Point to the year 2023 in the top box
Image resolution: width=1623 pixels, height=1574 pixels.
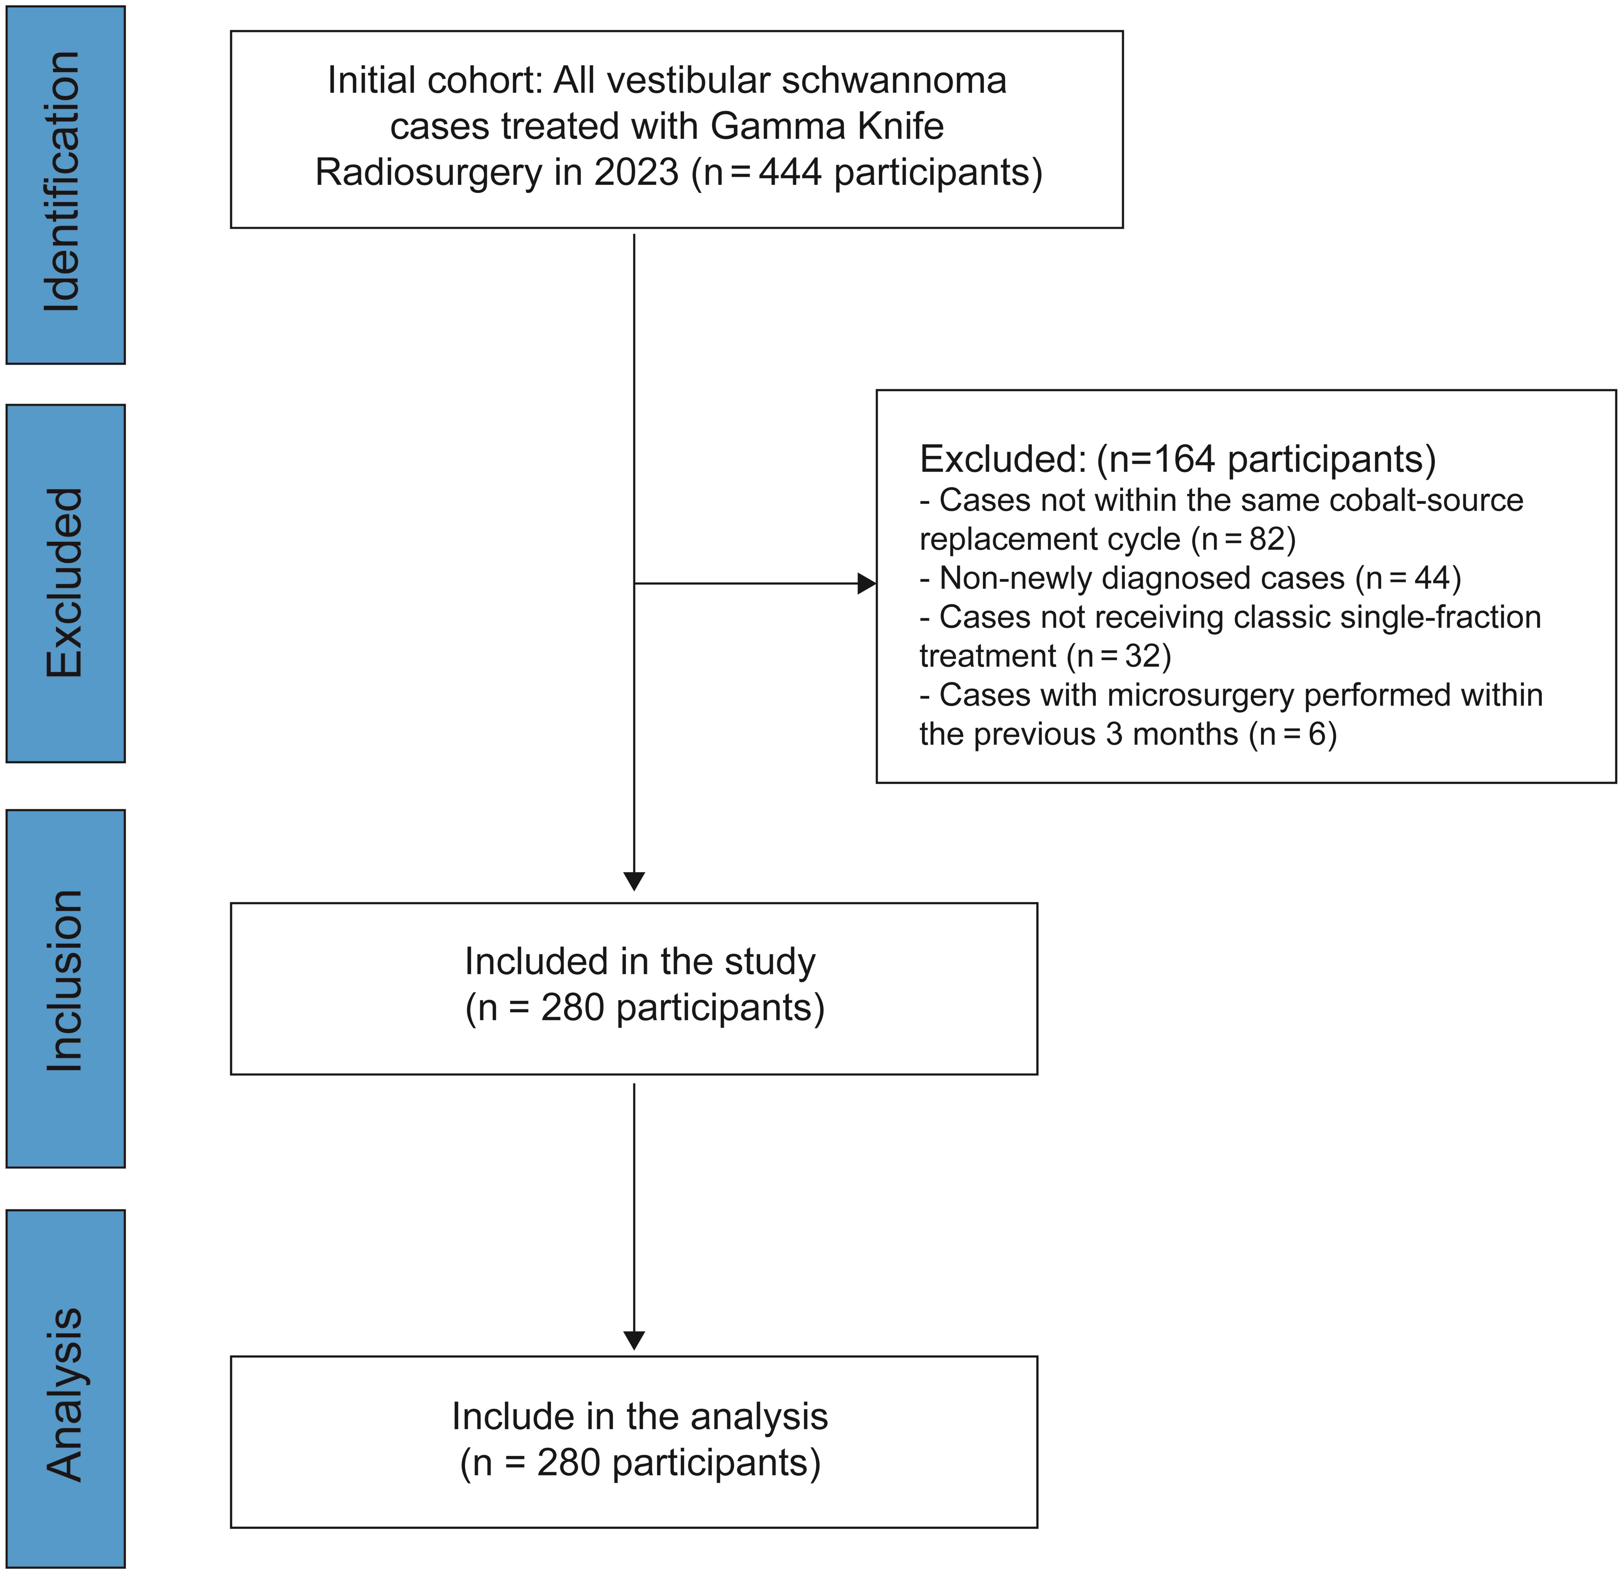pos(636,172)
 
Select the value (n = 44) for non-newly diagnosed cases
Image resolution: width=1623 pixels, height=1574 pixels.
pos(1408,578)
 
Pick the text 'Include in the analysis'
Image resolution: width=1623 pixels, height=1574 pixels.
pos(639,1416)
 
